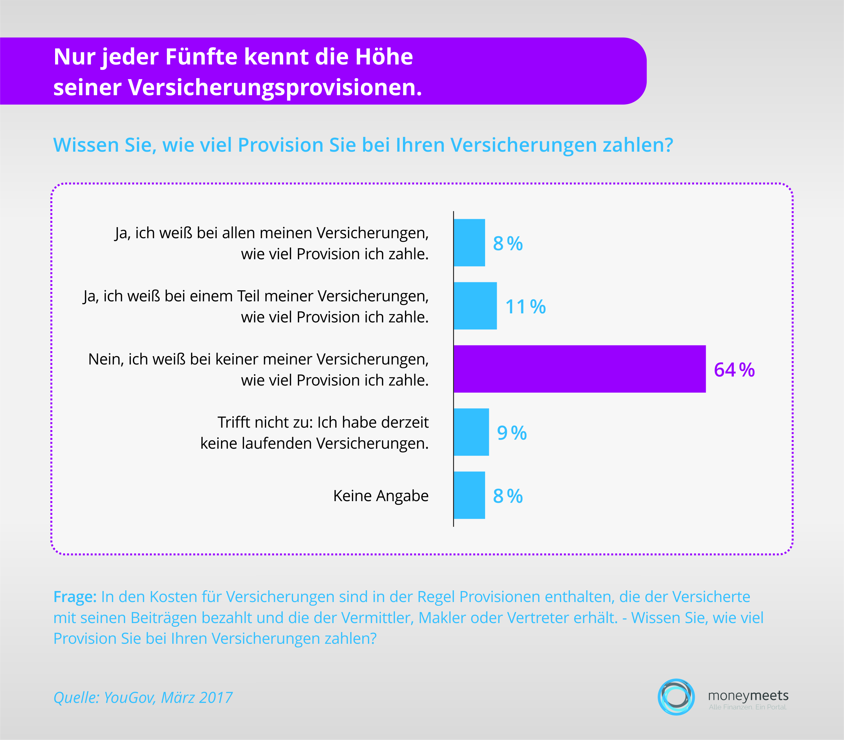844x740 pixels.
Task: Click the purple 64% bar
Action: click(580, 369)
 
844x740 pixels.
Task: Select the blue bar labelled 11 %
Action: click(475, 306)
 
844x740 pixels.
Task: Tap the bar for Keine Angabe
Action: click(469, 495)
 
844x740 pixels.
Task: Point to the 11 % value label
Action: click(525, 307)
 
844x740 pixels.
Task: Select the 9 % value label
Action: click(512, 433)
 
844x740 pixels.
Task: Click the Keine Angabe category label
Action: click(381, 495)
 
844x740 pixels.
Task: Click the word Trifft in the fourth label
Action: click(234, 422)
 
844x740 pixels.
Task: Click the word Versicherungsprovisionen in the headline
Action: click(275, 88)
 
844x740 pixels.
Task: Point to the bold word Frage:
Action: click(75, 597)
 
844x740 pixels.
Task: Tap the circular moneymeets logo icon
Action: click(676, 697)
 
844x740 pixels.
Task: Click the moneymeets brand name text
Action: click(748, 696)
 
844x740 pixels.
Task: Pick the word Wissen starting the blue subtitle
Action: click(86, 145)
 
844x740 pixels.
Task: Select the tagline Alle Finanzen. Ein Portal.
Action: click(748, 707)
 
